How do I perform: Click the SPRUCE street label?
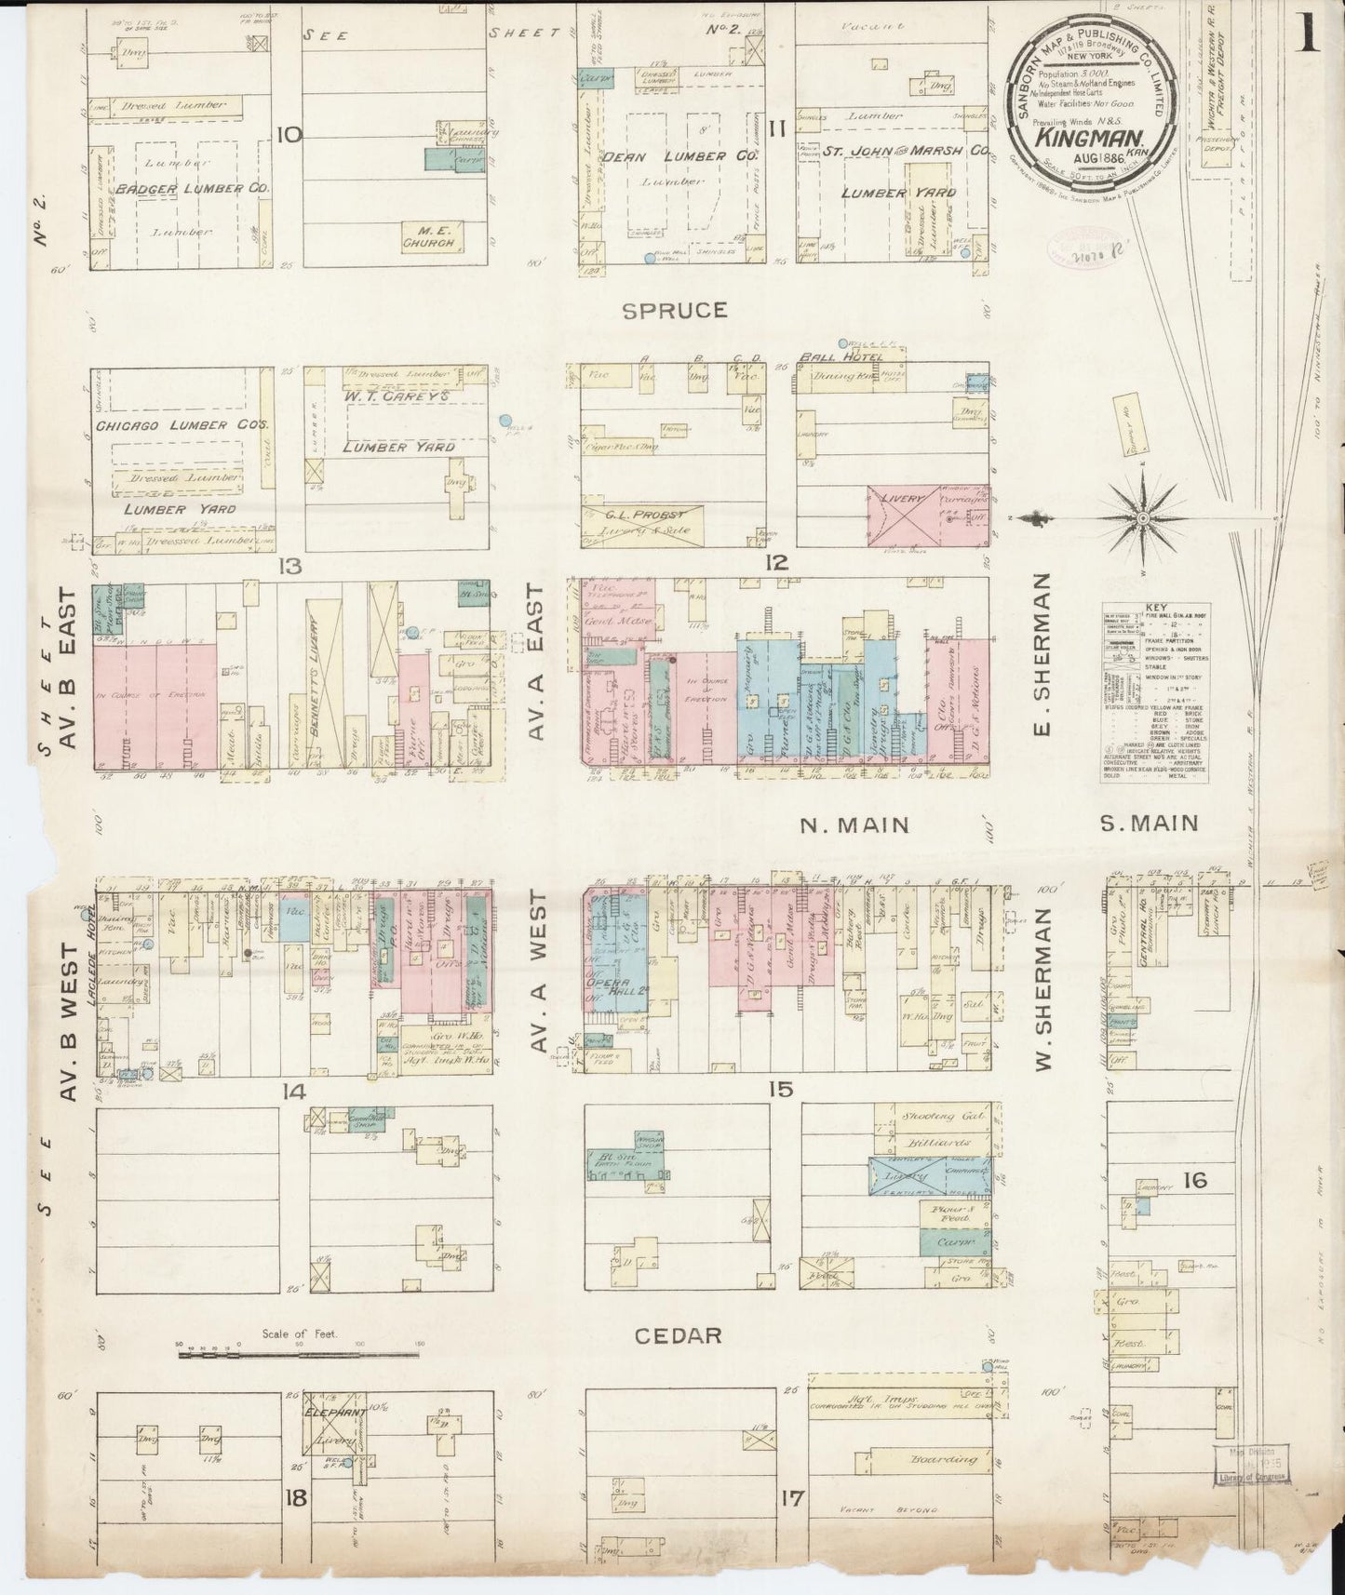[x=674, y=310]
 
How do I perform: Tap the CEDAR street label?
[x=678, y=1335]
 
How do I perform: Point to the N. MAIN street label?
[x=854, y=824]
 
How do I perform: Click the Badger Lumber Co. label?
[x=193, y=189]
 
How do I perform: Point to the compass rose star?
[x=1141, y=518]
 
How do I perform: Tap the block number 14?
[x=295, y=1092]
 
